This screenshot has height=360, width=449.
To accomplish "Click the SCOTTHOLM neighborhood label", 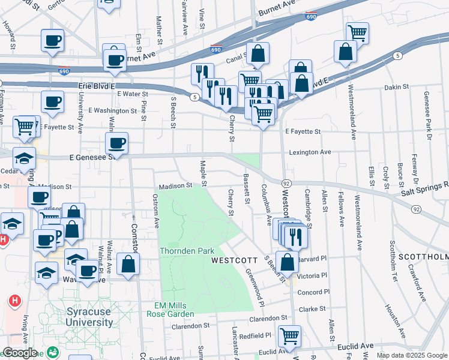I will pos(428,257).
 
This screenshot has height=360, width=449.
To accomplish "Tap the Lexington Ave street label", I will pos(310,152).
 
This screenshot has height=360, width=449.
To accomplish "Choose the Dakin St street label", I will pos(396,87).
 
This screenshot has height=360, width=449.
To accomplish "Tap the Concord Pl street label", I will pos(311,292).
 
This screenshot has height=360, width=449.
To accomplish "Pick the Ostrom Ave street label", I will pos(157,214).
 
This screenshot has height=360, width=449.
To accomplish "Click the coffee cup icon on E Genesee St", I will pos(116,144).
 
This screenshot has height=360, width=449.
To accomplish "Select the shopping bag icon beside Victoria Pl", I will pos(288,262).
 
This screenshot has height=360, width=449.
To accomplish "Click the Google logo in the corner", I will pos(19,353).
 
